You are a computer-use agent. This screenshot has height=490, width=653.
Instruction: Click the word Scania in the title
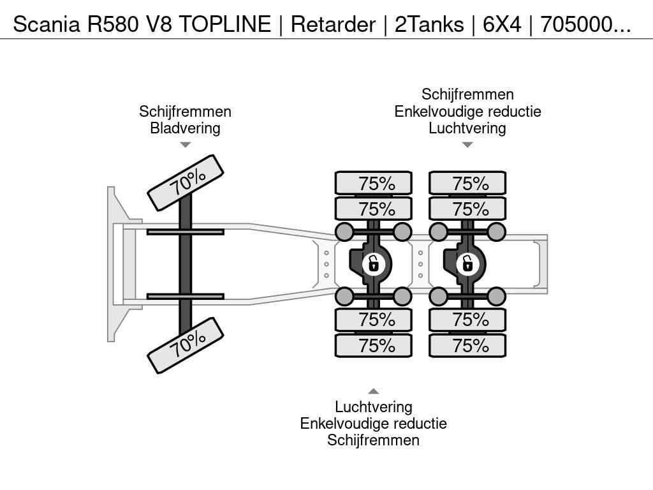click(x=46, y=24)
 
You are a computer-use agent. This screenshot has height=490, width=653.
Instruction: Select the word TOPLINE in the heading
click(x=225, y=24)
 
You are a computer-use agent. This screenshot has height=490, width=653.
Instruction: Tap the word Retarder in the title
click(x=333, y=24)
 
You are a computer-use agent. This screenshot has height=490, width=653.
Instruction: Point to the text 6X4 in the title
click(x=502, y=24)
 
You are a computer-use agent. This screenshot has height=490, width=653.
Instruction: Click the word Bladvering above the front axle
click(x=185, y=128)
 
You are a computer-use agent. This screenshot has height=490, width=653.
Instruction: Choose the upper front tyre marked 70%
click(x=186, y=183)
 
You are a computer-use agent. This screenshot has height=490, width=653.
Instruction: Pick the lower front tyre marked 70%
click(x=186, y=345)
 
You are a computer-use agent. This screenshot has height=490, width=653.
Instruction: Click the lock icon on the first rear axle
click(x=374, y=264)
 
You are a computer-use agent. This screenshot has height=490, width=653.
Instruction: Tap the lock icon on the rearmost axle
click(x=467, y=264)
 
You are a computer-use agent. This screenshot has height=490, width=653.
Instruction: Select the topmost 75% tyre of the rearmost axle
click(x=467, y=183)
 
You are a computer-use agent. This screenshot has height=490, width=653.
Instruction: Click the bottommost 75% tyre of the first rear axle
click(x=374, y=345)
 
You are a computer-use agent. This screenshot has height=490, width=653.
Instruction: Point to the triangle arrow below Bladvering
click(x=185, y=145)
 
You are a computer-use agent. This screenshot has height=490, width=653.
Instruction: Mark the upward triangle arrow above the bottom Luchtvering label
click(x=374, y=391)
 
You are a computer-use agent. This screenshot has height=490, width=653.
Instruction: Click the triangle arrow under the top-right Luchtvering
click(x=467, y=145)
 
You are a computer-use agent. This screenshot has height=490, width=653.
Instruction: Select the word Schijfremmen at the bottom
click(x=373, y=440)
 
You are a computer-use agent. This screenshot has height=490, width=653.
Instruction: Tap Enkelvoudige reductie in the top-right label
click(x=467, y=111)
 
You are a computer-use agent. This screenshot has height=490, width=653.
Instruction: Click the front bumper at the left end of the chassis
click(x=111, y=264)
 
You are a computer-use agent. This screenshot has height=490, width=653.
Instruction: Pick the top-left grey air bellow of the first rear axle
click(x=344, y=232)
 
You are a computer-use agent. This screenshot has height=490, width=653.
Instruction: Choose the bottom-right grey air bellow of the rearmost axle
click(x=496, y=296)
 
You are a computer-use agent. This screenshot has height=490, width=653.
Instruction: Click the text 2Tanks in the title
click(x=429, y=24)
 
